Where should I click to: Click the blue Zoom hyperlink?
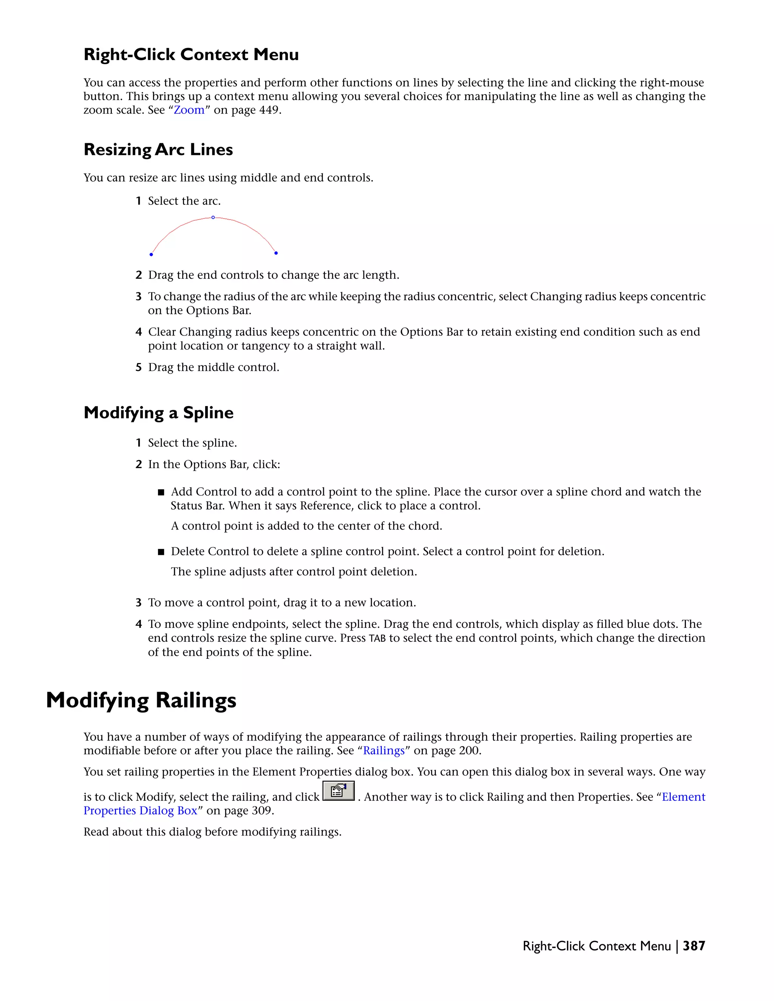point(189,110)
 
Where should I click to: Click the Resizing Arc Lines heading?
point(158,150)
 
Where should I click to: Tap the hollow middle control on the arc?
point(213,217)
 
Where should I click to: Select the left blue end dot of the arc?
point(151,254)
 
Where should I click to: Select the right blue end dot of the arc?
point(276,253)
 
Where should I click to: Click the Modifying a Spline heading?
point(158,412)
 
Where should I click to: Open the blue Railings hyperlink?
point(384,750)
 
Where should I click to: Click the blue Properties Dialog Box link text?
point(140,810)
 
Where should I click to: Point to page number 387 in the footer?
point(694,945)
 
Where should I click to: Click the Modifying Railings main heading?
point(141,700)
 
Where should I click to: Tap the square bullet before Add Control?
point(161,493)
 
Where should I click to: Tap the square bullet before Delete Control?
point(161,552)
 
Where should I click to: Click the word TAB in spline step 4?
point(377,638)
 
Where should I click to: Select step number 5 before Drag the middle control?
point(138,367)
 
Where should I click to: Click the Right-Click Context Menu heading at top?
point(191,54)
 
